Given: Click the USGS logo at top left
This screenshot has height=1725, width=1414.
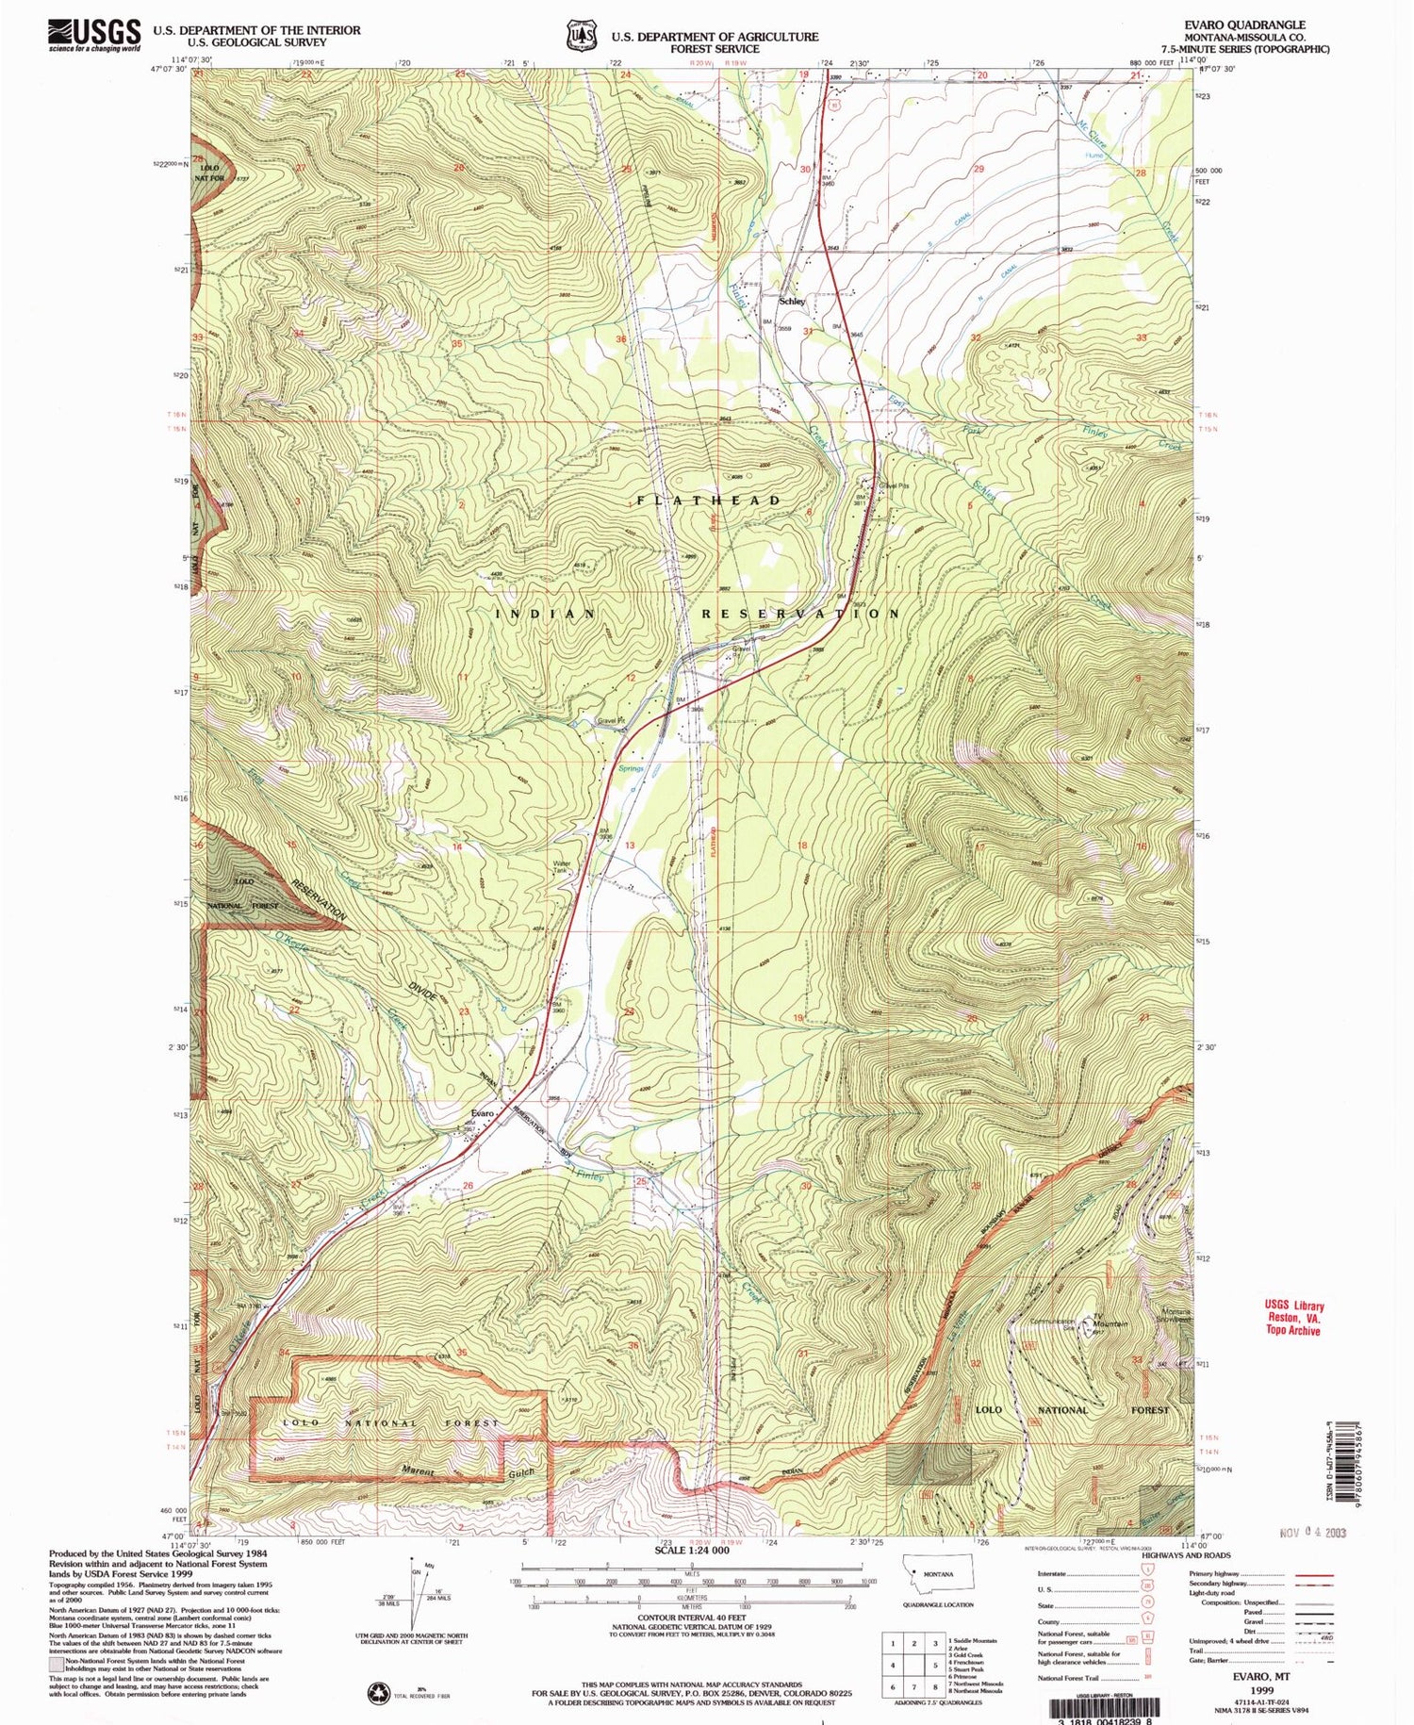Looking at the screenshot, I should pyautogui.click(x=94, y=35).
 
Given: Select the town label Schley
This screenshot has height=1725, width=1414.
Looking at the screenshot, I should pyautogui.click(x=792, y=302).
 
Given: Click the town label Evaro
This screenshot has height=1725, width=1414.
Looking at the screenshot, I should pyautogui.click(x=483, y=1113).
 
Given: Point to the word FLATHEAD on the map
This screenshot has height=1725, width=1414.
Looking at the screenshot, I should pyautogui.click(x=709, y=501).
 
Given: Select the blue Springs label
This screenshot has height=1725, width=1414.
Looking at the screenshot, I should pyautogui.click(x=631, y=768).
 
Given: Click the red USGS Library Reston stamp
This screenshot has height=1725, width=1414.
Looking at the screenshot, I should pyautogui.click(x=1293, y=1318).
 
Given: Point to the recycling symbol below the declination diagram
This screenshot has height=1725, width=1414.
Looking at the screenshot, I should pyautogui.click(x=379, y=1691).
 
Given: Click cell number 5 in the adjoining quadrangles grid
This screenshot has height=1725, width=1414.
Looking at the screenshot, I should pyautogui.click(x=913, y=1665).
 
